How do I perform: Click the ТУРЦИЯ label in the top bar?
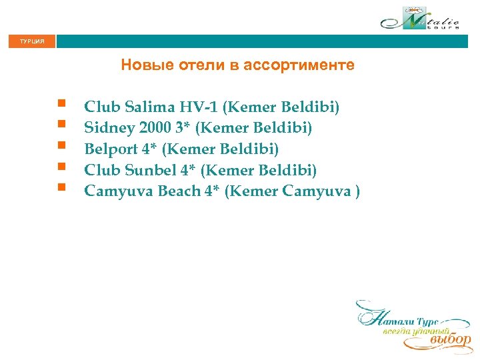(x=32, y=42)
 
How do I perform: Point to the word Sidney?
(x=107, y=127)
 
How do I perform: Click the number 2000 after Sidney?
(x=153, y=127)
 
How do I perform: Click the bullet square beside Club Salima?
(x=61, y=103)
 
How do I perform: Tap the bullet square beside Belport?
(x=61, y=145)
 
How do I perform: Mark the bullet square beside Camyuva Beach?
(x=61, y=187)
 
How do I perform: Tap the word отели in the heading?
(x=197, y=65)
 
